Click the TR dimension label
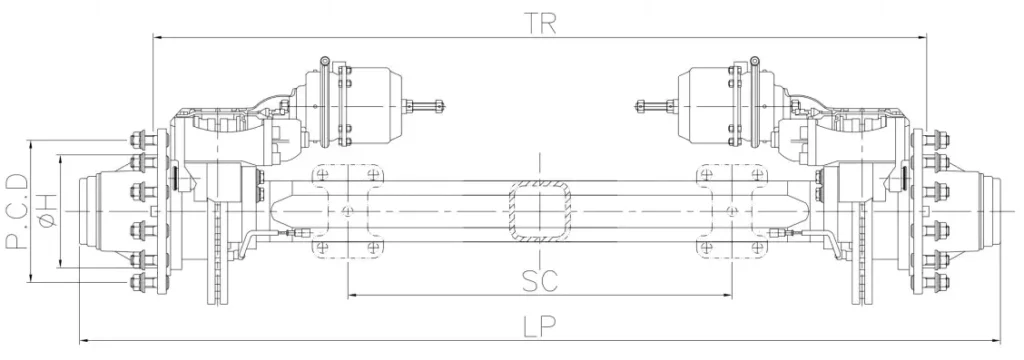click(x=539, y=22)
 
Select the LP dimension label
click(x=540, y=325)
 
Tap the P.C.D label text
click(x=16, y=212)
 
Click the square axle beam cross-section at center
click(x=540, y=211)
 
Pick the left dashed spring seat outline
click(x=347, y=211)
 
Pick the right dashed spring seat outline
click(x=733, y=211)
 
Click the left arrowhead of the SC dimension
click(x=351, y=296)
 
